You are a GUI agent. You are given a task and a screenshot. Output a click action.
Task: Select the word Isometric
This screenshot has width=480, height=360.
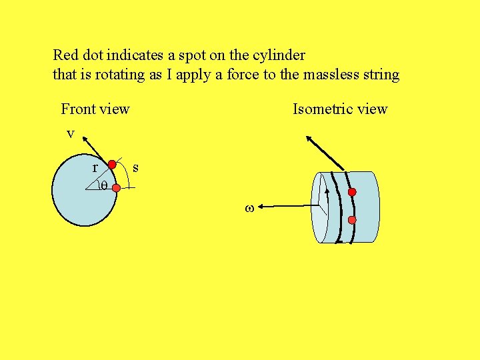323,109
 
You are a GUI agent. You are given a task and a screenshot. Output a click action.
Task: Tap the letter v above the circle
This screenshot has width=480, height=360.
70,134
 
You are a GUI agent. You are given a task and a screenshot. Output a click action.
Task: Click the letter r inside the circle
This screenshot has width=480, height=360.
96,167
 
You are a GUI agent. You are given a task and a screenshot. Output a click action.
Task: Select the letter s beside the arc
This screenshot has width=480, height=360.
135,167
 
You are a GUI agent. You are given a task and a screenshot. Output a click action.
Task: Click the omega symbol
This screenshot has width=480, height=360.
249,209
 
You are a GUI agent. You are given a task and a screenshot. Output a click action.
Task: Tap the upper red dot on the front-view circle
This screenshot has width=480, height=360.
112,164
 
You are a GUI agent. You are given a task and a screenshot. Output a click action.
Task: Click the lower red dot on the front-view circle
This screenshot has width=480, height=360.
116,189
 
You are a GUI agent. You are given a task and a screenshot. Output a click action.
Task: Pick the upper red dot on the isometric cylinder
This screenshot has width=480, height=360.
352,192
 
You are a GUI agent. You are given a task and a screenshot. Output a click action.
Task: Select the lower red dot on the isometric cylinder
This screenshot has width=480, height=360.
352,220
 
